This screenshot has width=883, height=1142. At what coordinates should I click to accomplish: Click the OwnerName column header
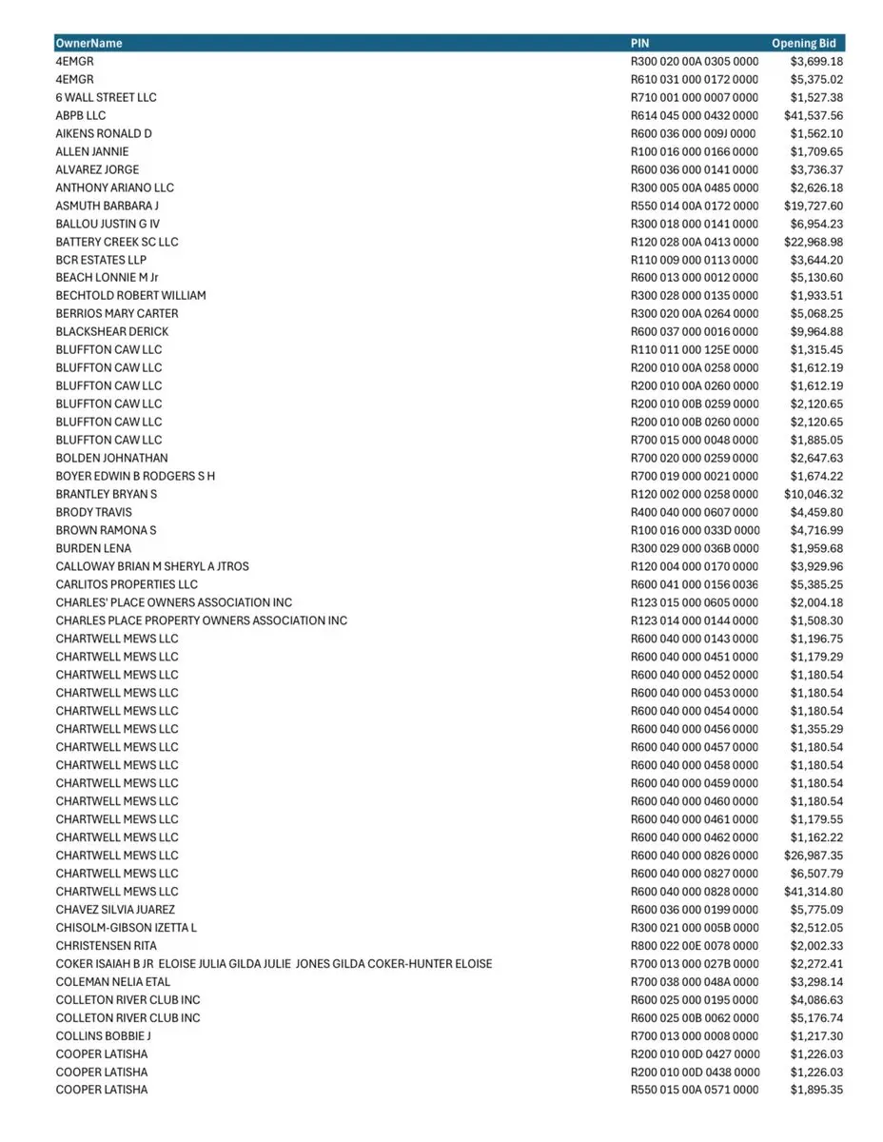(88, 43)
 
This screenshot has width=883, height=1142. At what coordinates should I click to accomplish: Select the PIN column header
(640, 43)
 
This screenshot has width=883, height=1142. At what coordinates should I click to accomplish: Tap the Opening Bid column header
(804, 43)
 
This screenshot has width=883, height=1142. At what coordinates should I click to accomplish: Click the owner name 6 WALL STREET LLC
(106, 97)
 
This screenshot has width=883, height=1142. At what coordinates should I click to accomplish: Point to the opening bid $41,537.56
(814, 115)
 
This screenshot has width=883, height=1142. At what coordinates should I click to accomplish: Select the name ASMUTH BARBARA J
(107, 206)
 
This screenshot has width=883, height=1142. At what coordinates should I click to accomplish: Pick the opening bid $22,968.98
(814, 242)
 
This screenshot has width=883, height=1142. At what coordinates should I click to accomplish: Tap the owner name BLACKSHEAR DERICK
(111, 331)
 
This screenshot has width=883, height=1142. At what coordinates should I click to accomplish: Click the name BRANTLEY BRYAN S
(106, 494)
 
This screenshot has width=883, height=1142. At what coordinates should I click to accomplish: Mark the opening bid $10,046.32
(814, 494)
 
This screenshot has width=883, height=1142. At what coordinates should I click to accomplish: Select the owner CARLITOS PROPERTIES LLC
(127, 584)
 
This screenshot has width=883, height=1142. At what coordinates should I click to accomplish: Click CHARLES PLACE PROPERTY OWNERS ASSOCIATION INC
(201, 620)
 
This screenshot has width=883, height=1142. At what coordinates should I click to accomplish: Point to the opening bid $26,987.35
(814, 855)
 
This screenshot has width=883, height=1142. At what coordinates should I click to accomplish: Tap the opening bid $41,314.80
(814, 891)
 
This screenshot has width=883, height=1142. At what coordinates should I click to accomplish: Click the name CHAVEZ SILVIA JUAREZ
(115, 909)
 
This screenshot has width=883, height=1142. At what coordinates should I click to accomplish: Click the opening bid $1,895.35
(816, 1090)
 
